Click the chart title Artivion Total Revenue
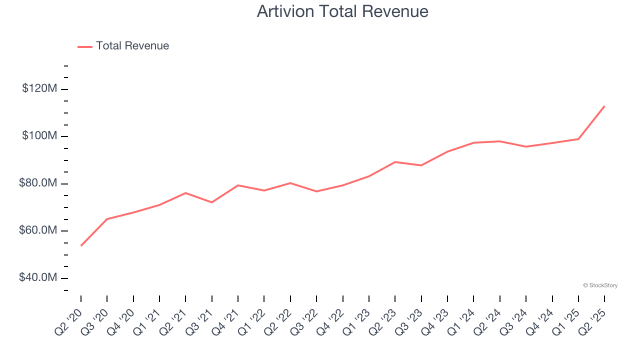342,11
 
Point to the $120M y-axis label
39,89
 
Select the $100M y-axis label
39,136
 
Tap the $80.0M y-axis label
38,183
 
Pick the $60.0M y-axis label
38,230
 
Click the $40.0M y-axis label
38,277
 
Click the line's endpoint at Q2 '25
604,106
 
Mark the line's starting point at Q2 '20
81,245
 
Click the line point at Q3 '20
107,219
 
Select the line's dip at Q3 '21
212,202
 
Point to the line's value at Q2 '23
395,162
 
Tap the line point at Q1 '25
578,139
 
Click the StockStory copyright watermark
600,285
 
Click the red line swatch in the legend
85,46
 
